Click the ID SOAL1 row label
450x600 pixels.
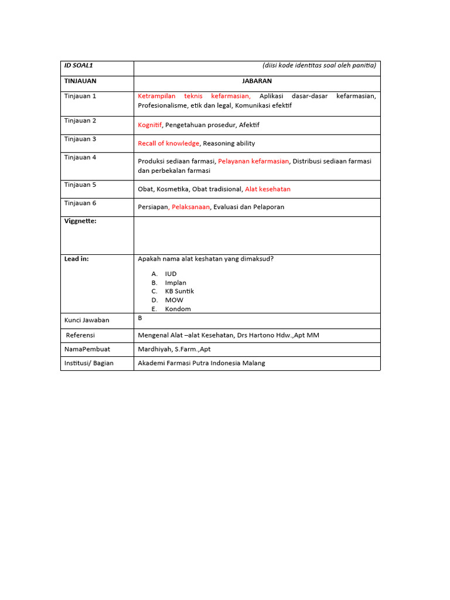(x=79, y=66)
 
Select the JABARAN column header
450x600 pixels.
(x=257, y=81)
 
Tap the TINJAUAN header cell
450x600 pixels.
(x=80, y=81)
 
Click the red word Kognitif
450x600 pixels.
(x=149, y=125)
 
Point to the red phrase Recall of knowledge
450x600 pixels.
(x=169, y=143)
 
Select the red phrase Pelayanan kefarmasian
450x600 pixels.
(x=253, y=161)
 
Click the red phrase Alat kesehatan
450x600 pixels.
(x=267, y=189)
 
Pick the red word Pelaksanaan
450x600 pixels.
(x=190, y=207)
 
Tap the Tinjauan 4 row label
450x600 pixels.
(x=80, y=157)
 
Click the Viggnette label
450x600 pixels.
(x=80, y=221)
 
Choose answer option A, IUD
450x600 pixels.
(x=171, y=274)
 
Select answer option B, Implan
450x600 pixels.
(x=175, y=282)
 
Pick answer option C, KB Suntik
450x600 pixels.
(x=179, y=291)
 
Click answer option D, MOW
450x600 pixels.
(x=174, y=300)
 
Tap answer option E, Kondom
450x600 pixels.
(x=178, y=309)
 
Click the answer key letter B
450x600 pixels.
(x=140, y=318)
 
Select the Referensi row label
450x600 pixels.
(x=80, y=335)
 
